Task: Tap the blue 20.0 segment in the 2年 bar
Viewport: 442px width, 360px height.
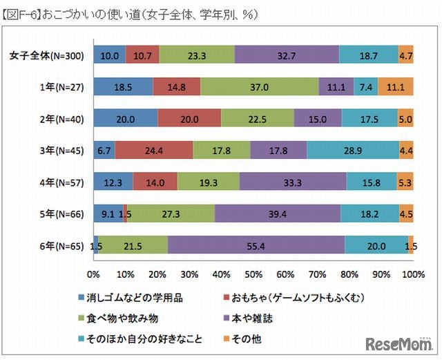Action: pyautogui.click(x=125, y=118)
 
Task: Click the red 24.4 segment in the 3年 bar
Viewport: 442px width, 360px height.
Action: pyautogui.click(x=154, y=150)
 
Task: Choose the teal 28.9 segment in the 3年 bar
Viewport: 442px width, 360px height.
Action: pyautogui.click(x=353, y=150)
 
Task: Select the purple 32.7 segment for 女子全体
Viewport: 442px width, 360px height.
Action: pyautogui.click(x=287, y=55)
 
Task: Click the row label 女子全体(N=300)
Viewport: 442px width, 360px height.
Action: pyautogui.click(x=47, y=55)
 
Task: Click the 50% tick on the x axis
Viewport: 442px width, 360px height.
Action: pyautogui.click(x=253, y=274)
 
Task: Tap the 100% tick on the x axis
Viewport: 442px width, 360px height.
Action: pyautogui.click(x=412, y=274)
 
